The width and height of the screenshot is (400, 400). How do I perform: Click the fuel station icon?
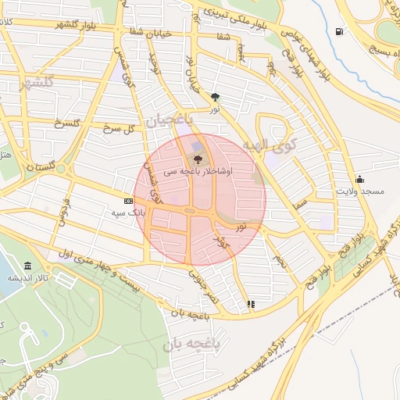(x=338, y=31)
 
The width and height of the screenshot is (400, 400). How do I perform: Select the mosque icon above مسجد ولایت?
(x=359, y=179)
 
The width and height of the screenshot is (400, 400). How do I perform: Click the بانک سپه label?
(x=129, y=212)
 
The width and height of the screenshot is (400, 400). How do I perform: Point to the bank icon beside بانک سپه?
(x=118, y=200)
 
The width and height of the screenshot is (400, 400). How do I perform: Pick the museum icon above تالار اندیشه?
(x=28, y=266)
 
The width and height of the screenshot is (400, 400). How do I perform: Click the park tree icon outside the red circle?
(x=215, y=98)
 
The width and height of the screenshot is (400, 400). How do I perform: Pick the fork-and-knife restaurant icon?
(x=251, y=304)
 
